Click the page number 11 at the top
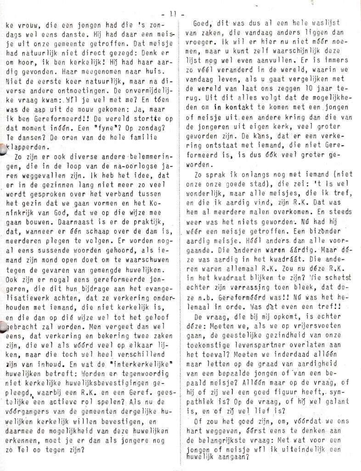click(x=173, y=14)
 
